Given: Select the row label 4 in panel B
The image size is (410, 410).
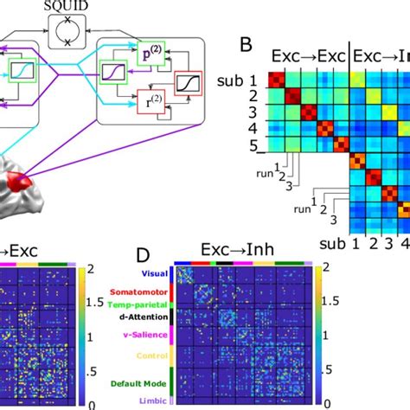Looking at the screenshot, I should [252, 128].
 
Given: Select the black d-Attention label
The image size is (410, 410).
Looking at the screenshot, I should [140, 317].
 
